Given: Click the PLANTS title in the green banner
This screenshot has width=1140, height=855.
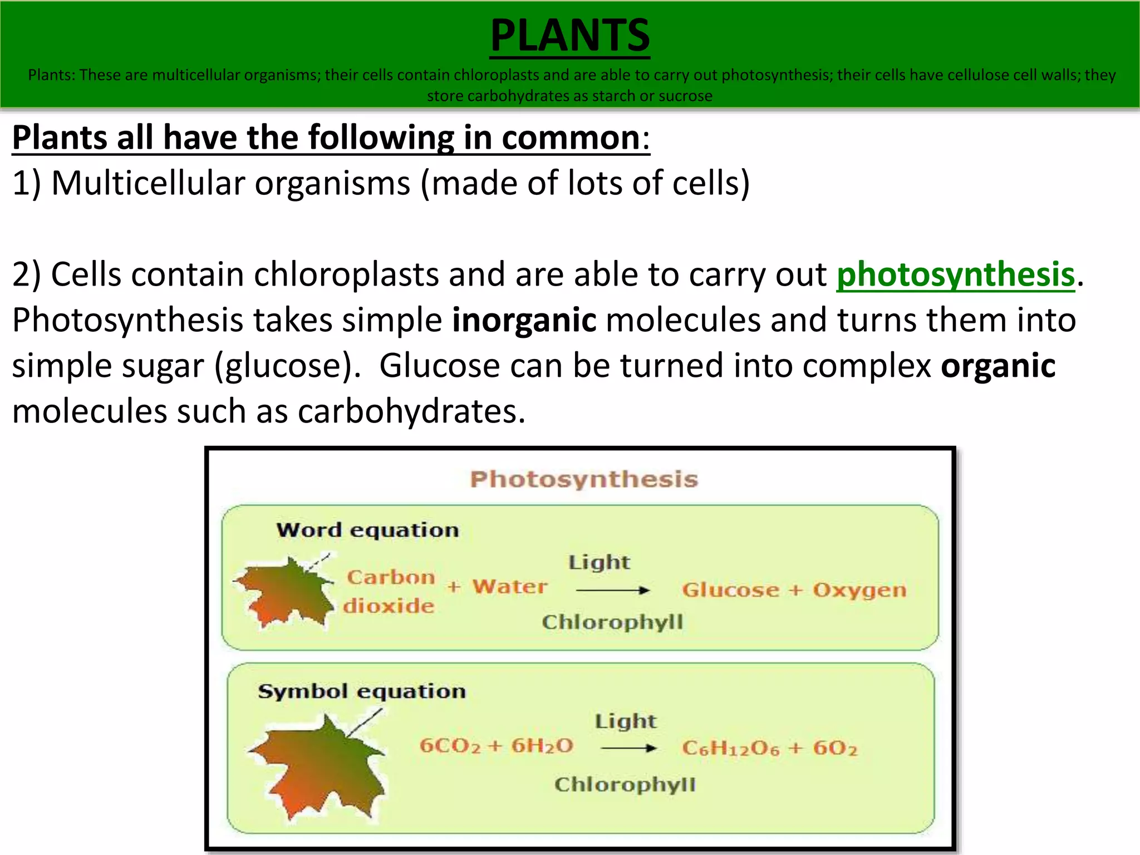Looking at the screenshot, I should click(569, 35).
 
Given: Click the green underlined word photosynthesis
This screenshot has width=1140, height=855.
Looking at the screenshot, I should click(955, 274).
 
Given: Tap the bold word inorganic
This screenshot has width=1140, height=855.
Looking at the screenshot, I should click(524, 321).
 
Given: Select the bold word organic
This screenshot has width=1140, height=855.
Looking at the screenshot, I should click(998, 366).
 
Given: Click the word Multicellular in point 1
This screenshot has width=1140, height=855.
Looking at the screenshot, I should click(148, 183).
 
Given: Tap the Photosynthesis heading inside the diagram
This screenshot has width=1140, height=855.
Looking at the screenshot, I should click(583, 479).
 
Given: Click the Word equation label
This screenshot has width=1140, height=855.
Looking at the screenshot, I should click(367, 530).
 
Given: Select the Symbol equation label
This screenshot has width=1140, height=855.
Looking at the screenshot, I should click(362, 691).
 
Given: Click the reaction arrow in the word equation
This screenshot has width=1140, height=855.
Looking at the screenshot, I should click(613, 590).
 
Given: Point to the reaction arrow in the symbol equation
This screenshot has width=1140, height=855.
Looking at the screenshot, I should click(629, 749).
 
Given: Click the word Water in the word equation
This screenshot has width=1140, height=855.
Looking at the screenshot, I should click(509, 587).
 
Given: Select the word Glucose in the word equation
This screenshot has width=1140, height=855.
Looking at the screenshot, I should click(730, 590).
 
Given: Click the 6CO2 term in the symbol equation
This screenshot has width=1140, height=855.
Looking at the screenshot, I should click(450, 746).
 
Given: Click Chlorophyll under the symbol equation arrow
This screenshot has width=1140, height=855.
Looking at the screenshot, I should click(625, 785).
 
